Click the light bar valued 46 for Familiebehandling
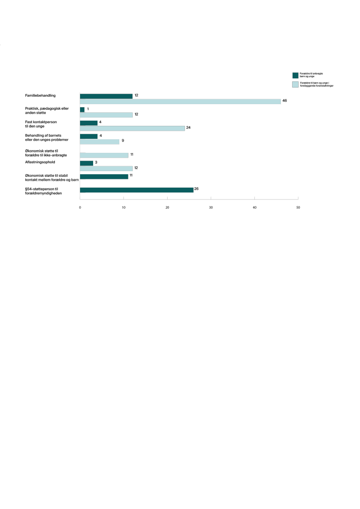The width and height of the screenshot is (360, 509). click(x=180, y=101)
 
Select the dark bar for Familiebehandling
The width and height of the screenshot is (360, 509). click(x=106, y=96)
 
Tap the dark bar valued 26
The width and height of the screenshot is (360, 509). click(x=137, y=190)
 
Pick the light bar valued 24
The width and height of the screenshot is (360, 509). click(x=132, y=128)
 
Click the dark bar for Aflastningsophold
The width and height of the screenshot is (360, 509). click(x=87, y=163)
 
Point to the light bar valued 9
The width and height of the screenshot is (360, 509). click(x=100, y=142)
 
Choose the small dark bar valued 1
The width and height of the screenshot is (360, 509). click(x=82, y=110)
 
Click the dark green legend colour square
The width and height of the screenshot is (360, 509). click(x=295, y=75)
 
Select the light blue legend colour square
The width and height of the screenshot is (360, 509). click(x=295, y=84)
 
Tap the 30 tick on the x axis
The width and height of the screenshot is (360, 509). click(x=211, y=207)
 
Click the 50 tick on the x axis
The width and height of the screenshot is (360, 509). click(x=298, y=207)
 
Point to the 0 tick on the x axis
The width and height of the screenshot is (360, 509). click(x=80, y=207)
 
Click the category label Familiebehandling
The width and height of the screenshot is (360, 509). click(x=43, y=95)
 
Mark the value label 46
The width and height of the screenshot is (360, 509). click(x=285, y=101)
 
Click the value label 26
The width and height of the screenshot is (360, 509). click(x=196, y=188)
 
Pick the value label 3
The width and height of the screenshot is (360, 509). click(x=97, y=162)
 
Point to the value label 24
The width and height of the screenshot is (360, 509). click(x=188, y=128)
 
